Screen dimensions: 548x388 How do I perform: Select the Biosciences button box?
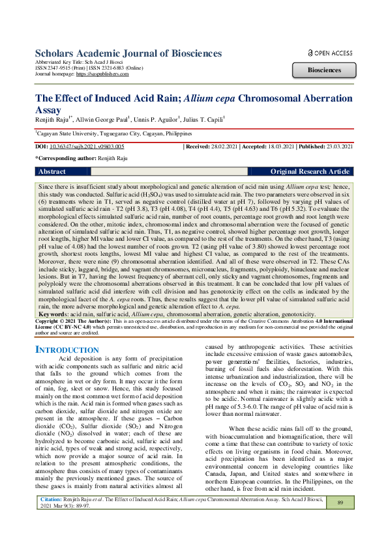click(x=324, y=70)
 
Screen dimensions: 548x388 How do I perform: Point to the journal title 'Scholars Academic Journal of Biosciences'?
click(x=128, y=53)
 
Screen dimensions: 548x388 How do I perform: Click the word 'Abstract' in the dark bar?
click(x=52, y=172)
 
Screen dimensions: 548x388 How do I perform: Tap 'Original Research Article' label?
click(x=310, y=172)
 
